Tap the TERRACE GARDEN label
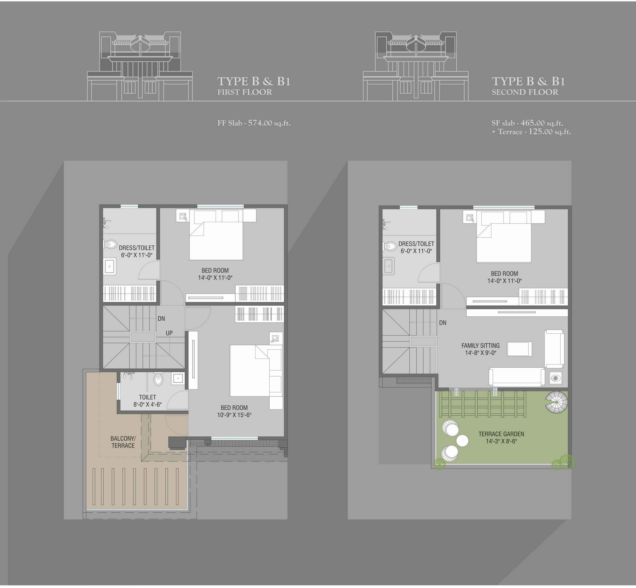tap(501, 434)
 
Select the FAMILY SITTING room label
tap(481, 345)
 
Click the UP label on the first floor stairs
tap(169, 333)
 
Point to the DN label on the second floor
tap(443, 323)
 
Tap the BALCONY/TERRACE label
tap(123, 442)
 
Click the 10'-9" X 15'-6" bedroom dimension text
tap(234, 415)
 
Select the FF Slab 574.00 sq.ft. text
tap(254, 123)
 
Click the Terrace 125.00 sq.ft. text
tap(531, 132)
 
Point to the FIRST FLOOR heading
tap(245, 92)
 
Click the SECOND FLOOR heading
tap(525, 92)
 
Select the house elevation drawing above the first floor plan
tap(140, 66)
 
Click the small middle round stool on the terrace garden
tap(462, 441)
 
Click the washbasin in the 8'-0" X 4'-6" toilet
tap(177, 378)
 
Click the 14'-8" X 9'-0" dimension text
tap(481, 353)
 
